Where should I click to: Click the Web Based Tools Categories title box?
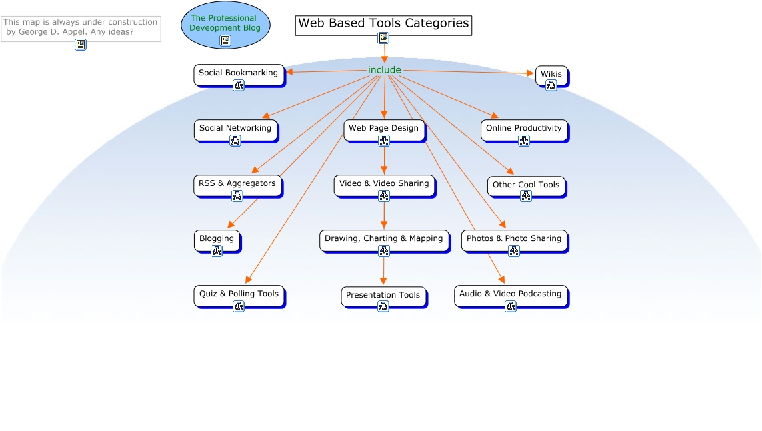point(383,24)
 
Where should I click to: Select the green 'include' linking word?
point(385,70)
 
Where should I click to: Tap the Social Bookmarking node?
point(239,73)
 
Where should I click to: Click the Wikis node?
point(551,74)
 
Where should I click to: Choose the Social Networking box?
point(235,128)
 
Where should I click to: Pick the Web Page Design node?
point(384,128)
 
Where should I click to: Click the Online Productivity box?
point(524,128)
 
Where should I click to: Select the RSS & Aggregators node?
point(237,183)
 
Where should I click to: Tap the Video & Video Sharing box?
point(384,183)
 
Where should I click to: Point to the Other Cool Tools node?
point(526,185)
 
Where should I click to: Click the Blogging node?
point(217,238)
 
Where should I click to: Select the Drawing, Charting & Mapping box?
point(384,238)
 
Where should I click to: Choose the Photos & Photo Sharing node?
point(514,238)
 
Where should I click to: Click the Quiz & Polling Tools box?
point(239,294)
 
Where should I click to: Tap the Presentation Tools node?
point(383,295)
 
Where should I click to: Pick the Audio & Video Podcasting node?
point(511,294)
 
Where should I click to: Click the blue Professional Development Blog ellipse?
point(225,23)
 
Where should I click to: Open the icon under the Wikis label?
point(551,85)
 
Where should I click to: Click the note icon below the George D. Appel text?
point(81,45)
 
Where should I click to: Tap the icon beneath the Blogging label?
point(217,251)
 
